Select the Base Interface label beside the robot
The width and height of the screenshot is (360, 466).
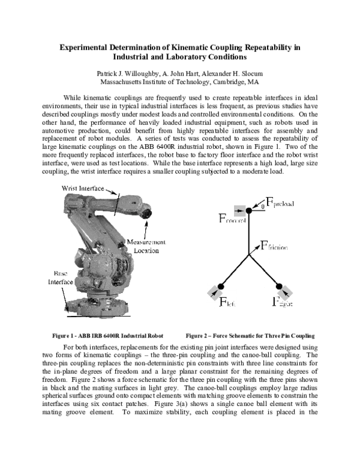click(62, 277)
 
